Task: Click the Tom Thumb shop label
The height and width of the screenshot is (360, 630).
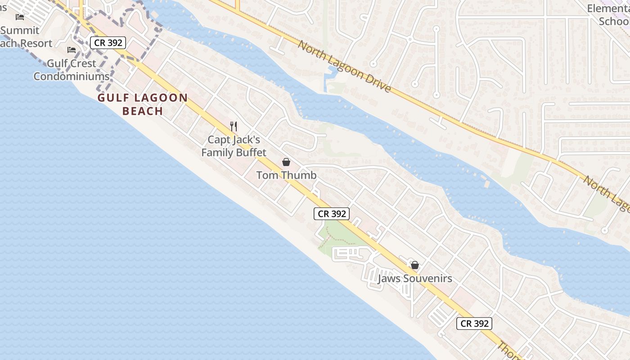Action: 286,175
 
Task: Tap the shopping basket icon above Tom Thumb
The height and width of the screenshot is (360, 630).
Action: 286,162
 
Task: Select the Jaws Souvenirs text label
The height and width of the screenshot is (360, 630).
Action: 414,279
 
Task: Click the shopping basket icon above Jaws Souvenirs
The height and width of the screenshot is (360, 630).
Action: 415,265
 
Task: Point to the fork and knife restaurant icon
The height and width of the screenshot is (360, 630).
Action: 233,126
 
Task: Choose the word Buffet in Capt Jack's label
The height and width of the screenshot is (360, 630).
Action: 250,153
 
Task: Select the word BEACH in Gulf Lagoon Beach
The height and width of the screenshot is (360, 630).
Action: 142,111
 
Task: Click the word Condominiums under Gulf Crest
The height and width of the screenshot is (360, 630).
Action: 71,76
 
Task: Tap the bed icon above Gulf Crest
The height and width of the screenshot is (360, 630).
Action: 72,50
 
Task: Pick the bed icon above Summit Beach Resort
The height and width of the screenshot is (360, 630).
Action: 20,17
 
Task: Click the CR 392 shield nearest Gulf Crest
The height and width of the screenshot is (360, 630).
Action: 108,43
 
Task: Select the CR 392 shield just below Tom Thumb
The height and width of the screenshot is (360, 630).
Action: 332,214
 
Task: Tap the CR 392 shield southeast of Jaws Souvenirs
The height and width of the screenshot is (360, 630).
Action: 474,323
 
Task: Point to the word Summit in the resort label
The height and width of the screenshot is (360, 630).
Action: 20,31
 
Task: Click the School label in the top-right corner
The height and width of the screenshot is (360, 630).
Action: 614,21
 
